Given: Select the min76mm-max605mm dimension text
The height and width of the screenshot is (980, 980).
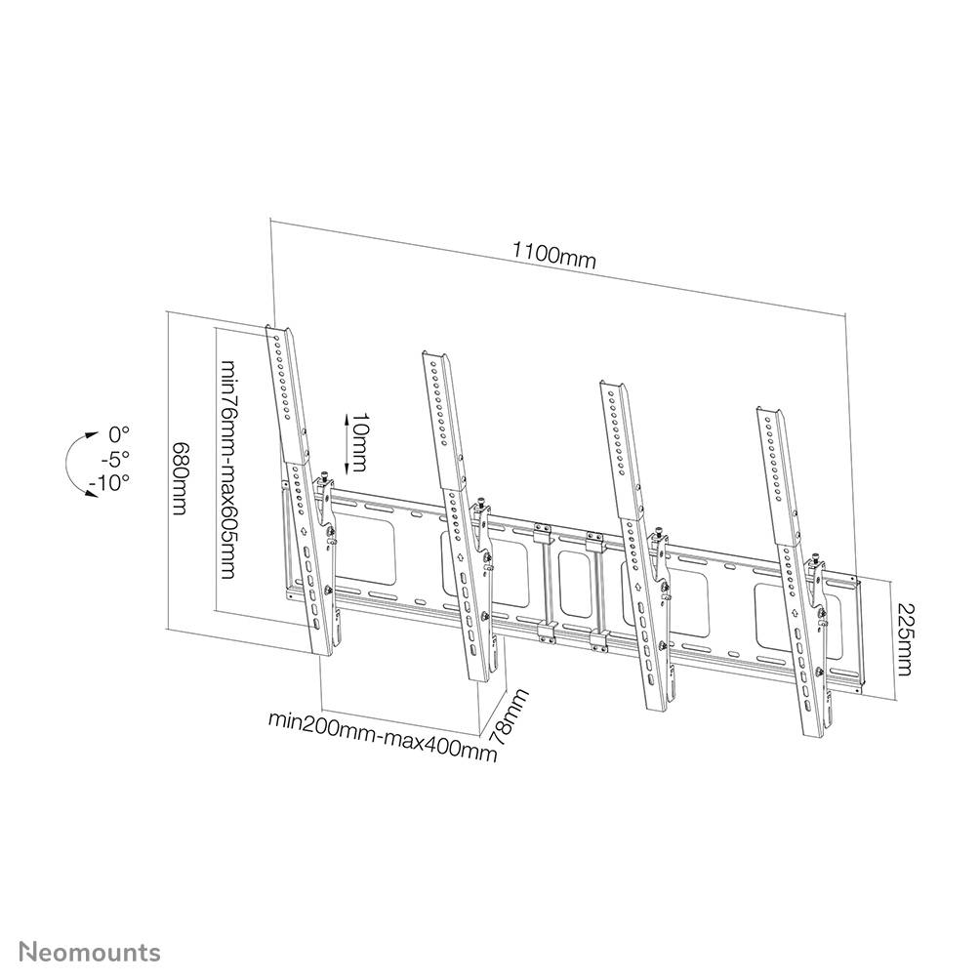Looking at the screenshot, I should (x=227, y=469).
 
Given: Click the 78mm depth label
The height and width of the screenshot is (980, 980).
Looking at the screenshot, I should (x=509, y=718).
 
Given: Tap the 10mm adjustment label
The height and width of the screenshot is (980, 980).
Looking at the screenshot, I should (x=360, y=439).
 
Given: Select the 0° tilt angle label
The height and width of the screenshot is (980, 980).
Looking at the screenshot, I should (x=119, y=433).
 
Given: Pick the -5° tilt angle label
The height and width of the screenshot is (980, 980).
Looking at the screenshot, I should (x=117, y=458).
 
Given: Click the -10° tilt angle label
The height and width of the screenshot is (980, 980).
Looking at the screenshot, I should (x=114, y=482).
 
